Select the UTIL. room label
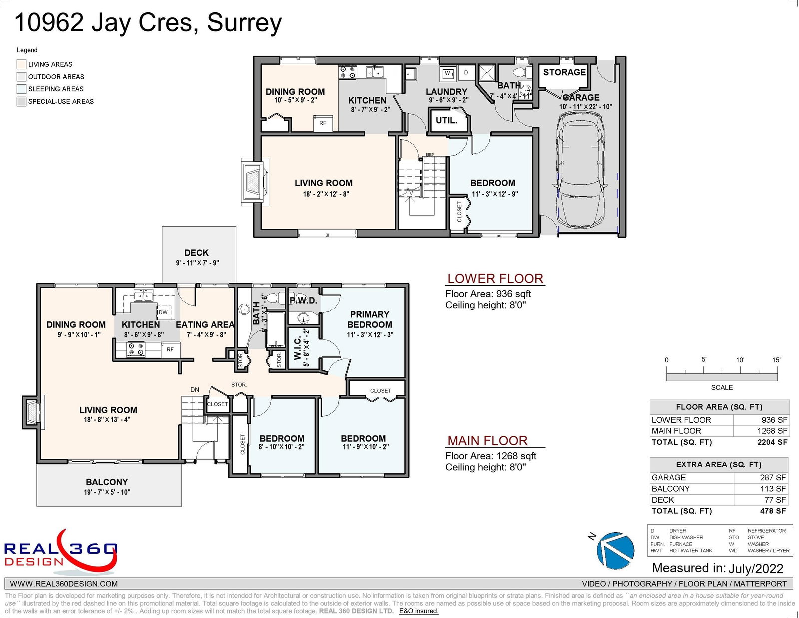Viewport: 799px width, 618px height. pyautogui.click(x=446, y=120)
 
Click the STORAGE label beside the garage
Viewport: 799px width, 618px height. pyautogui.click(x=564, y=72)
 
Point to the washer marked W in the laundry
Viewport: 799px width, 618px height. pyautogui.click(x=447, y=74)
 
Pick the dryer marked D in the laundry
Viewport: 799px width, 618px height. pyautogui.click(x=466, y=73)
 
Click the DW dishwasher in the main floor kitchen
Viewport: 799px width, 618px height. pyautogui.click(x=165, y=312)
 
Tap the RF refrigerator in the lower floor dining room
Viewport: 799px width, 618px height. pyautogui.click(x=323, y=123)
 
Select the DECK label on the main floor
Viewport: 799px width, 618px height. pyautogui.click(x=196, y=253)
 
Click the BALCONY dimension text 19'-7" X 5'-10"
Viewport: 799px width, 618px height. pyautogui.click(x=107, y=492)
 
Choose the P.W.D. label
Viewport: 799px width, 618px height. pyautogui.click(x=303, y=301)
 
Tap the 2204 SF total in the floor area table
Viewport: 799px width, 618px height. pyautogui.click(x=772, y=442)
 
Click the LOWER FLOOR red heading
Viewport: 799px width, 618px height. pyautogui.click(x=495, y=279)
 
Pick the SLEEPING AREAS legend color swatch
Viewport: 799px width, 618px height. pyautogui.click(x=21, y=89)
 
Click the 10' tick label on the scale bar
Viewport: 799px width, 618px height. pyautogui.click(x=740, y=360)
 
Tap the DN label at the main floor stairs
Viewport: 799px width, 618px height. pyautogui.click(x=195, y=390)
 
